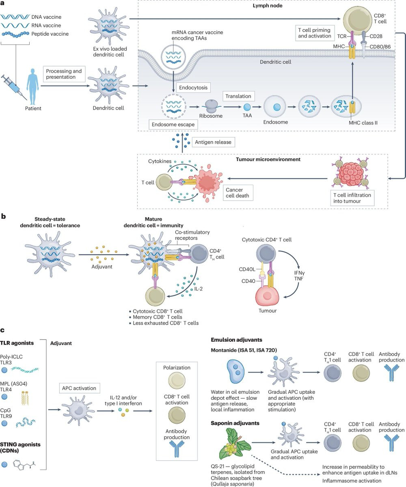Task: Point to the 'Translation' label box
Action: pyautogui.click(x=238, y=97)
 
